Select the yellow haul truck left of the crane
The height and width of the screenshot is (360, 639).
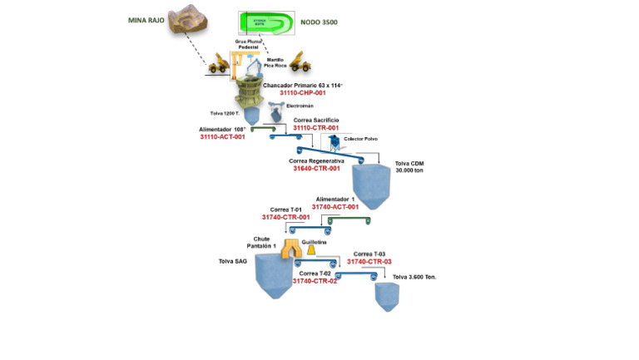220,62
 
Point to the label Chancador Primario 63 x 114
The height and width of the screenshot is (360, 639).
303,86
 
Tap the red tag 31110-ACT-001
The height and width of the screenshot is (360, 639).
222,136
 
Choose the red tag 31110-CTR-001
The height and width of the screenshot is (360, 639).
316,128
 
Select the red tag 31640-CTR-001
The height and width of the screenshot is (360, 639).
316,168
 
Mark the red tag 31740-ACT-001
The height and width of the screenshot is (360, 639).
335,207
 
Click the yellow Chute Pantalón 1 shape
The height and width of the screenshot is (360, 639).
291,247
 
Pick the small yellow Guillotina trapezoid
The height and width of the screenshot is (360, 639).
310,249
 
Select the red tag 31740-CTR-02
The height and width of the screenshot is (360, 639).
314,281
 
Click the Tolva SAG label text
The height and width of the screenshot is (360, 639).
233,261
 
